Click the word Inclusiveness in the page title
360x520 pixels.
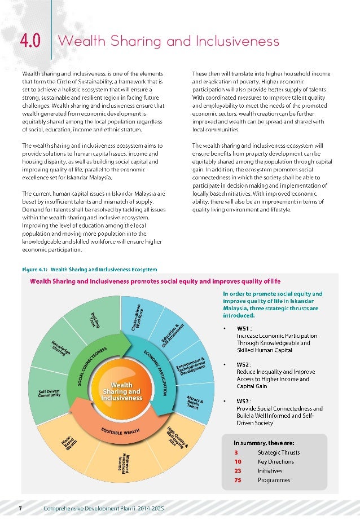tap(236, 41)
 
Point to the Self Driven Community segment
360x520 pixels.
tap(50, 393)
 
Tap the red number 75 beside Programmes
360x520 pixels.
tap(239, 480)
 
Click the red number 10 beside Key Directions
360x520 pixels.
tap(239, 461)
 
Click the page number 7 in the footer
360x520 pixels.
tap(20, 508)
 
